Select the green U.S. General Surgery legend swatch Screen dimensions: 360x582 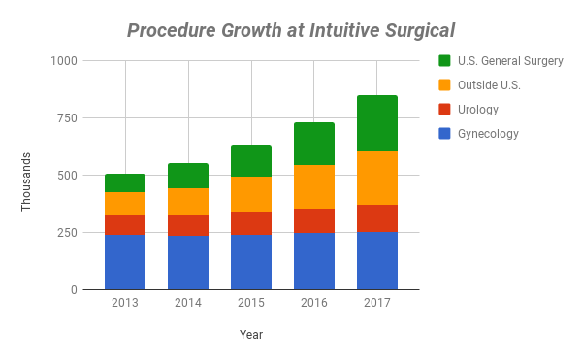coord(445,61)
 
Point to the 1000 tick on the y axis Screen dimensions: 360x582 coord(65,61)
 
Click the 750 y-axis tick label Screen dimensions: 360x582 coord(68,118)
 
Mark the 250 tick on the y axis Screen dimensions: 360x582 coord(68,233)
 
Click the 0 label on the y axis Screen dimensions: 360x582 coord(74,290)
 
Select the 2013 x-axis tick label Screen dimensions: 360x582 coord(125,303)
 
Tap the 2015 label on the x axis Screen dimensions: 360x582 coord(251,303)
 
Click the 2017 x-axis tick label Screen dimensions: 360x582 coord(377,303)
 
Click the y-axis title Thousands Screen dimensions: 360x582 coord(27,181)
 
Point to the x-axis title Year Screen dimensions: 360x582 coord(251,335)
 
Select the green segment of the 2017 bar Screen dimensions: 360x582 coord(377,123)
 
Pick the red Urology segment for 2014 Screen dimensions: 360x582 coord(188,226)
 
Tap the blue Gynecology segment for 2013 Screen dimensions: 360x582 coord(125,262)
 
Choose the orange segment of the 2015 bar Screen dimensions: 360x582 coord(251,194)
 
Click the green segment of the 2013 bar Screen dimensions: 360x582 coord(125,182)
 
